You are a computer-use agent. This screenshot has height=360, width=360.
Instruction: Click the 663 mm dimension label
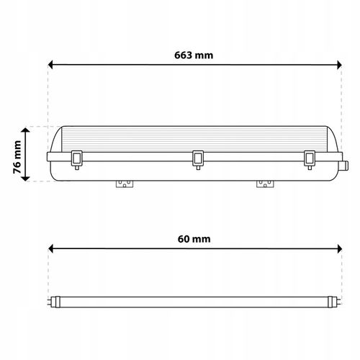tap(194, 55)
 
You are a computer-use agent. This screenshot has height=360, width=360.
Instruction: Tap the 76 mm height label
tap(17, 157)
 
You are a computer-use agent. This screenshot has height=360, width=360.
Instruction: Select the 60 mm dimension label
tap(194, 239)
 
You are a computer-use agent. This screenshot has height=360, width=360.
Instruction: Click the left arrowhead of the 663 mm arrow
tap(50, 65)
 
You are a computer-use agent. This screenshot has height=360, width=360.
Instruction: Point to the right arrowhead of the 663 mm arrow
tap(339, 65)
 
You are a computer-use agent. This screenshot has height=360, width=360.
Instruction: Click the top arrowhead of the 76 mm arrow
tap(25, 130)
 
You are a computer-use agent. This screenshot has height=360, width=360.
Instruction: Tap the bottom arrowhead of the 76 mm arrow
tap(25, 179)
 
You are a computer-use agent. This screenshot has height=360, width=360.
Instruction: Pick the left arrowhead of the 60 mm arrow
tap(50, 248)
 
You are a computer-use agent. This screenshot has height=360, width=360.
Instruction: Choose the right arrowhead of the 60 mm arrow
tap(339, 248)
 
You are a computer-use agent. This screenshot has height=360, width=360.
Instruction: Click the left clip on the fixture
tap(77, 160)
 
